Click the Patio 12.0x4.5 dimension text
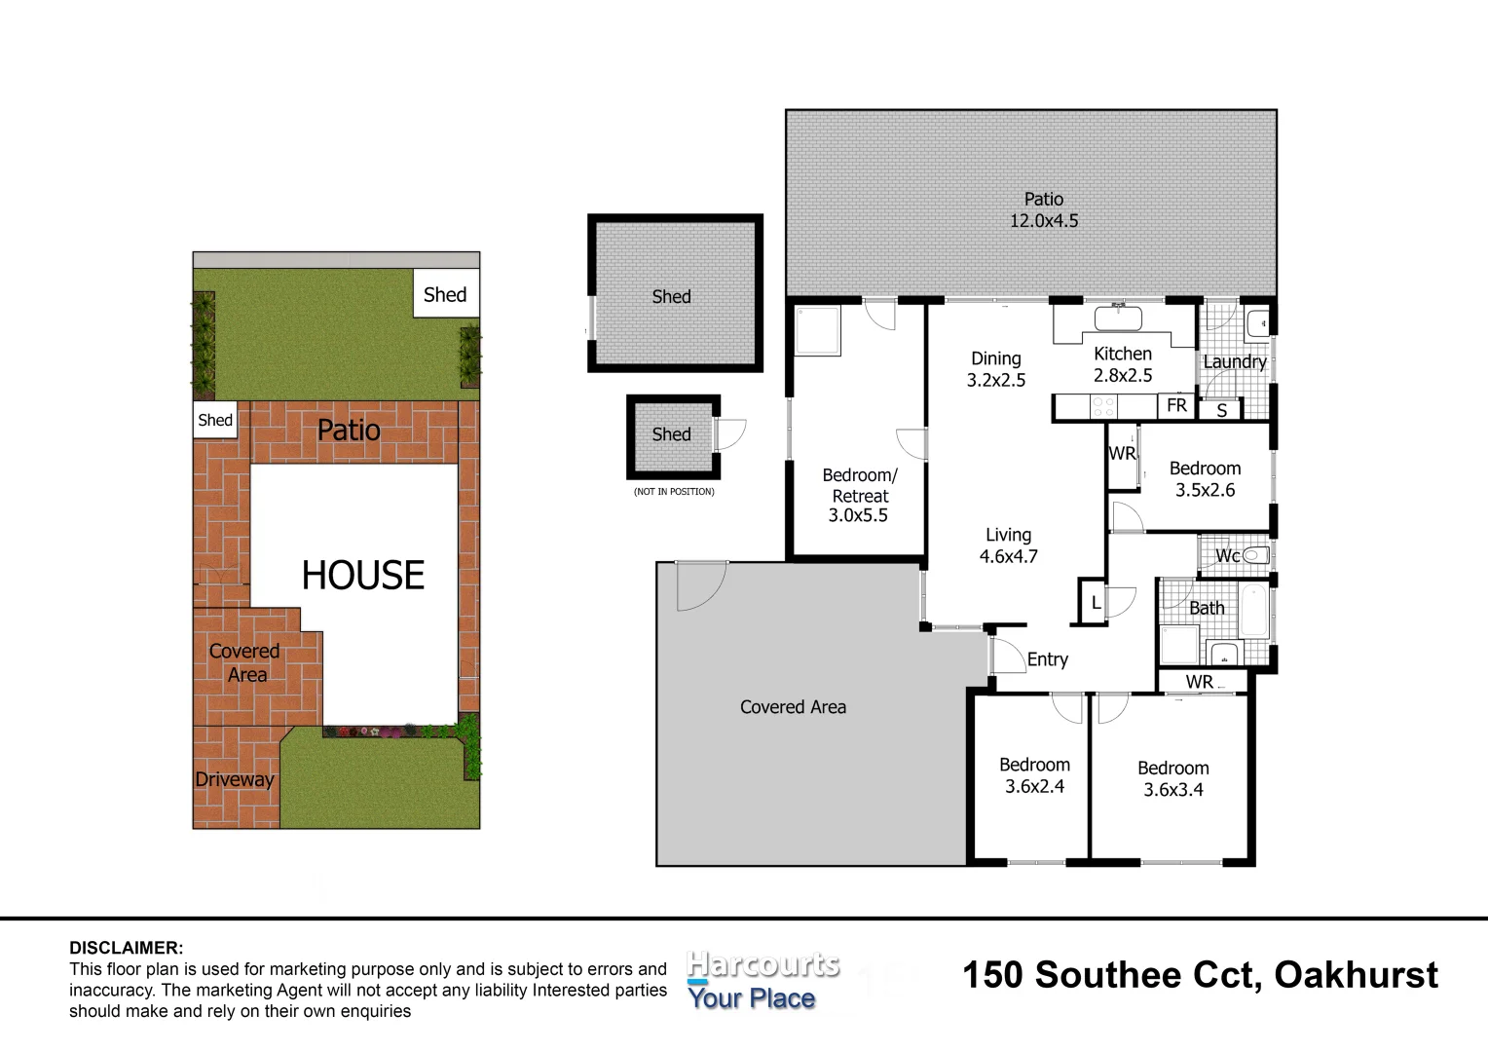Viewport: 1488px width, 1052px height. (x=1043, y=221)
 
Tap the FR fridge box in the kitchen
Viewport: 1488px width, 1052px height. (x=1176, y=405)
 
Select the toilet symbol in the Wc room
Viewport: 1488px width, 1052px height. (x=1256, y=555)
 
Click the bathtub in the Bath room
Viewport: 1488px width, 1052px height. (x=1254, y=610)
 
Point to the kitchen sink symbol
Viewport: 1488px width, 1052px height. (x=1123, y=319)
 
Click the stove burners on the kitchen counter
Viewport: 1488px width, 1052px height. (x=1103, y=406)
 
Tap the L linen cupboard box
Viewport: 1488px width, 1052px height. (x=1095, y=603)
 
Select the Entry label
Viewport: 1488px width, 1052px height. (x=1047, y=659)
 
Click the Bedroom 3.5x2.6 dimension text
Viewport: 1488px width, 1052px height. (x=1205, y=490)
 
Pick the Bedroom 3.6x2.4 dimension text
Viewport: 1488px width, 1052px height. (x=1034, y=786)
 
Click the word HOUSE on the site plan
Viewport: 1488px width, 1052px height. (x=362, y=576)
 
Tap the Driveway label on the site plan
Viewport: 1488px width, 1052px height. (x=234, y=779)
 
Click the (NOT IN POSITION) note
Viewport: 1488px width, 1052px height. (x=674, y=492)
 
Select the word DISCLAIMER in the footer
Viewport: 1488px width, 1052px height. (x=126, y=948)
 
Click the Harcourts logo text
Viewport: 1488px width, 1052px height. (x=762, y=965)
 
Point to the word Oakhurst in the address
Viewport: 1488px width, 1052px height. (x=1356, y=975)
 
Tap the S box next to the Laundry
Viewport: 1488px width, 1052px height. (x=1221, y=411)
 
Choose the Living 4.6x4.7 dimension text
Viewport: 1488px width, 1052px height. (x=1008, y=556)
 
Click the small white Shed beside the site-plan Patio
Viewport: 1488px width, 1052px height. (x=215, y=420)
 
